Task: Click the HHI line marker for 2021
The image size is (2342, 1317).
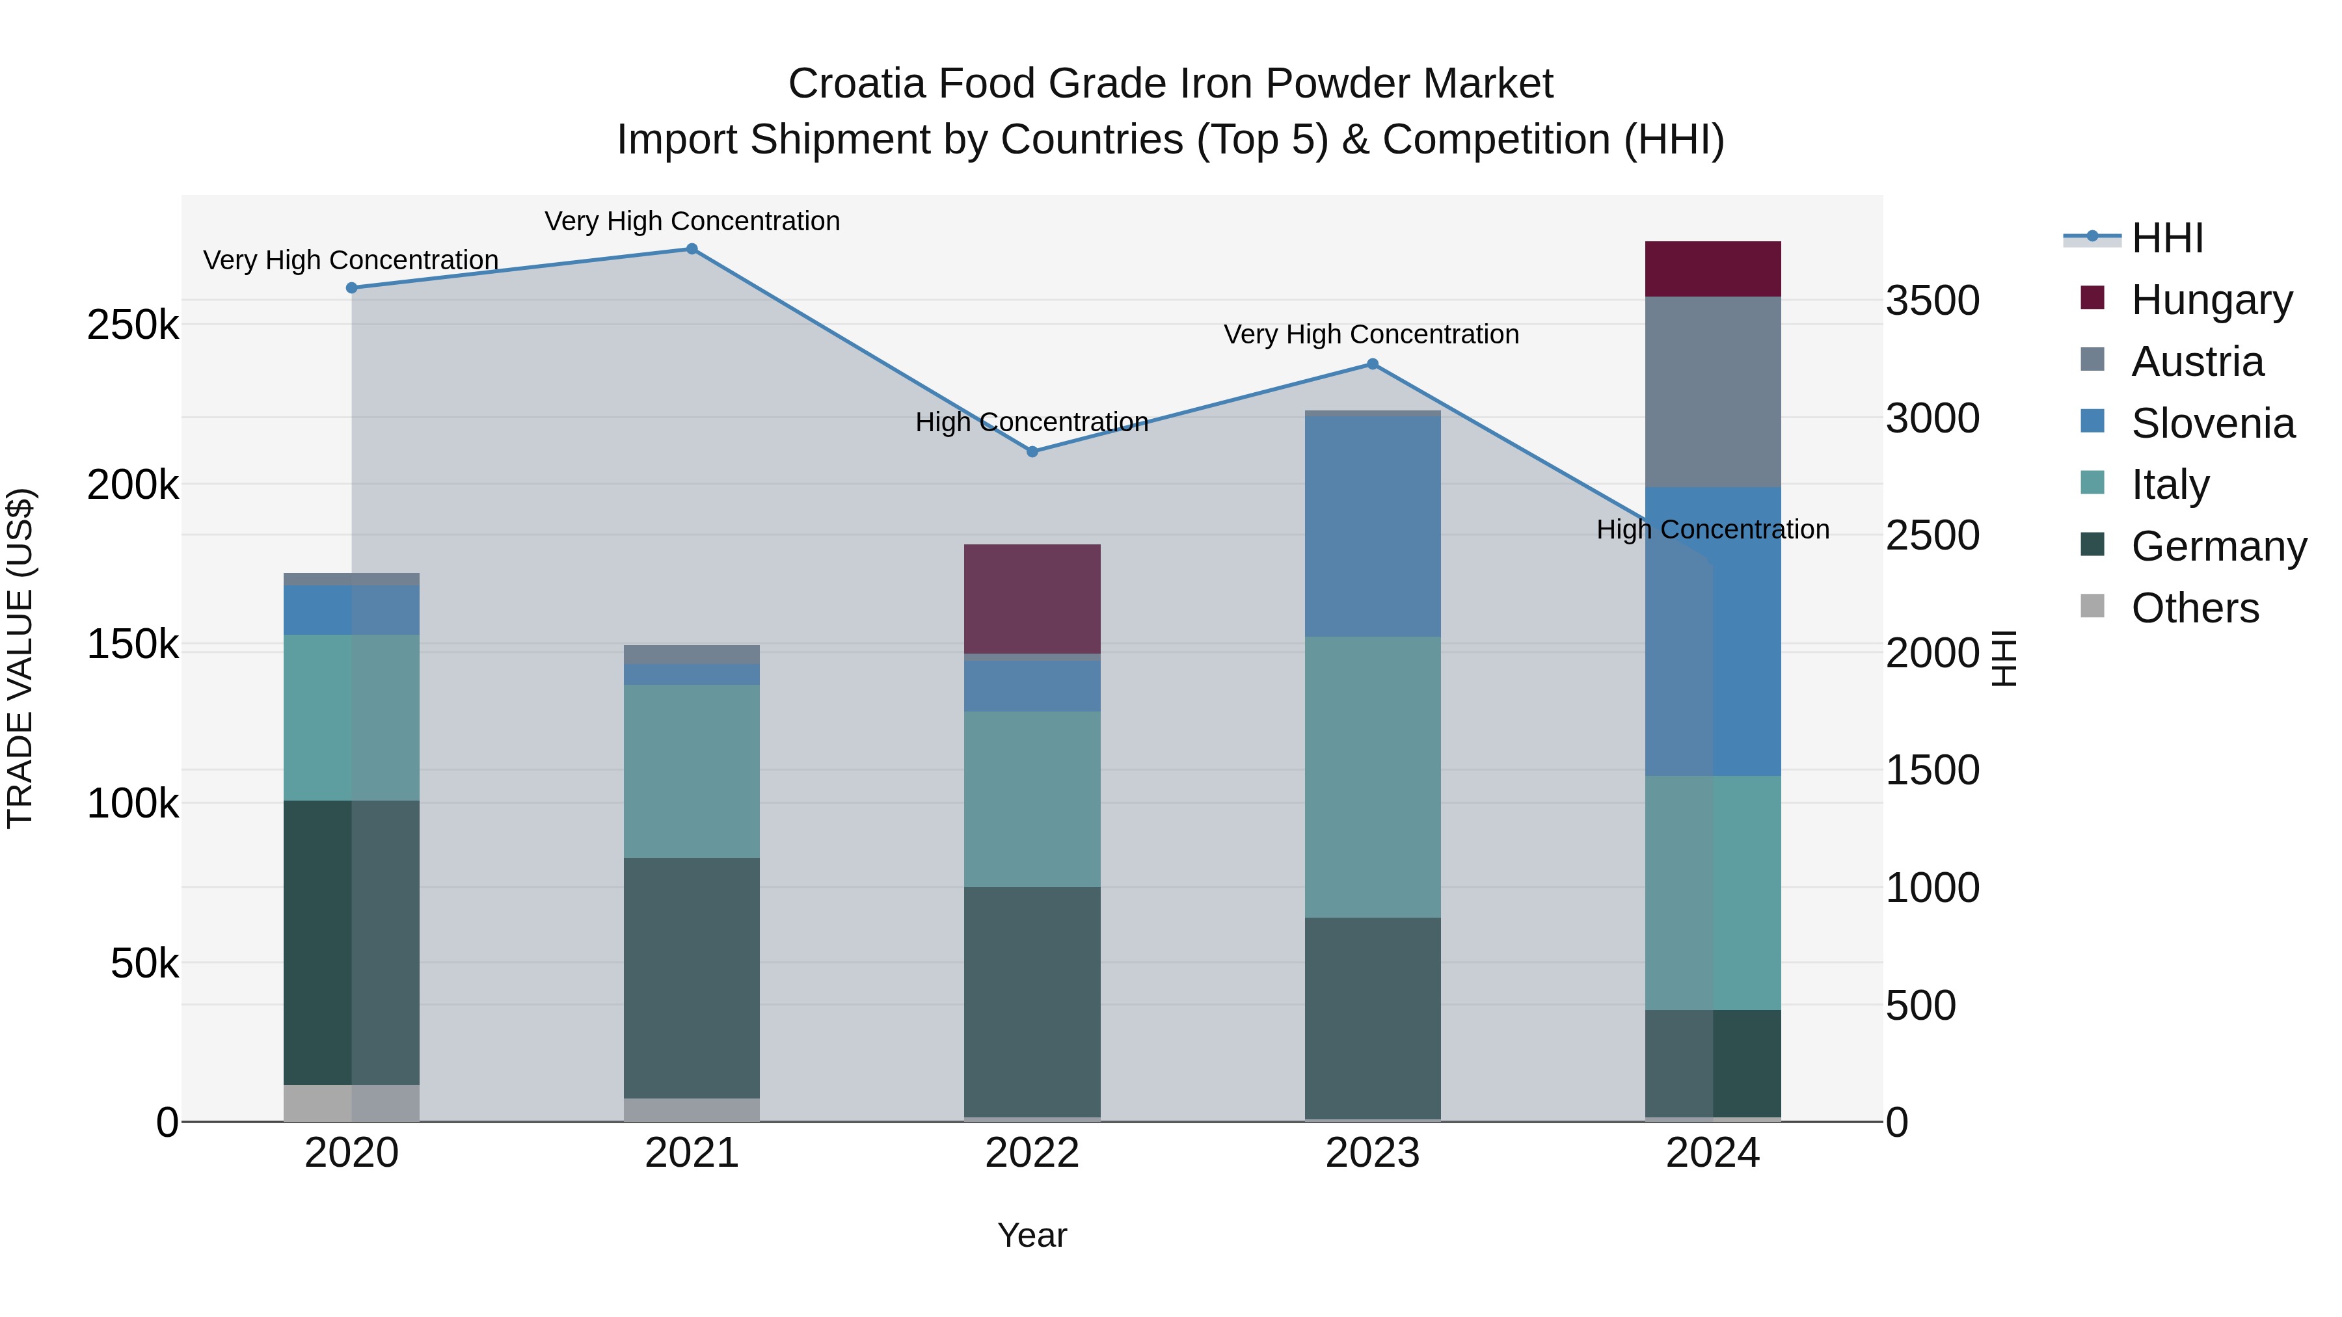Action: click(x=692, y=249)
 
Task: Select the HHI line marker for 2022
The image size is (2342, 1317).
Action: click(x=1032, y=452)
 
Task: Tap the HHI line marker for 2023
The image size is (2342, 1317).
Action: click(x=1373, y=364)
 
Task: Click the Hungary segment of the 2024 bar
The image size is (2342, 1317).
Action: click(x=1713, y=269)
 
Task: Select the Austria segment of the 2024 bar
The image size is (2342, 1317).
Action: click(x=1713, y=392)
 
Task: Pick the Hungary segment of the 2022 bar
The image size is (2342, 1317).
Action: click(x=1032, y=599)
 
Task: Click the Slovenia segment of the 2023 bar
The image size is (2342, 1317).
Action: click(x=1373, y=526)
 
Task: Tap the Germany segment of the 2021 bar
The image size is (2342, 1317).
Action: click(x=692, y=978)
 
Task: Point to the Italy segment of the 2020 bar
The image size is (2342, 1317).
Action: click(x=352, y=717)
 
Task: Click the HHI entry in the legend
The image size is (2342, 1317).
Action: click(x=2166, y=238)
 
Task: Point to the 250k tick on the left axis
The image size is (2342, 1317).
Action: click(x=133, y=325)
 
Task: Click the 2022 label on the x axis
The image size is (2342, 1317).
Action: click(x=1032, y=1153)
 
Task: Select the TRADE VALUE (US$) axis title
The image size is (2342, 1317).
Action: click(x=20, y=658)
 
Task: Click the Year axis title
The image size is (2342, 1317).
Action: click(x=1032, y=1235)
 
